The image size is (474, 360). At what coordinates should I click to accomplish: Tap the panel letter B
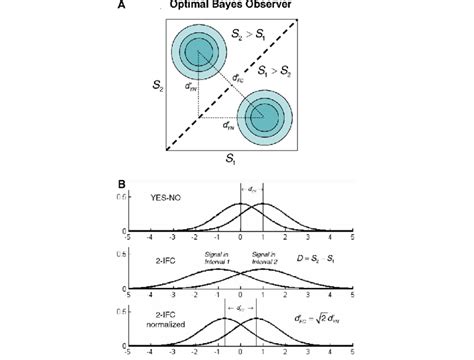click(x=121, y=183)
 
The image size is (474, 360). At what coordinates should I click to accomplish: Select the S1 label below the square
click(x=231, y=161)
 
